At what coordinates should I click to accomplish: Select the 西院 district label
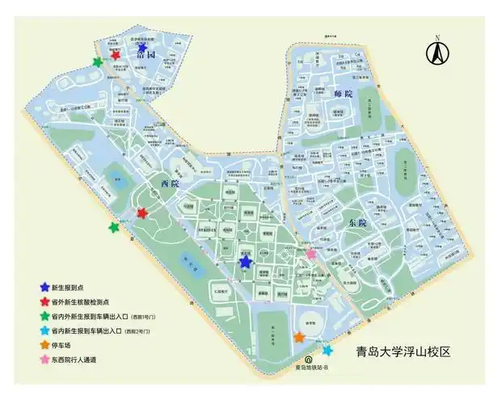point(169,184)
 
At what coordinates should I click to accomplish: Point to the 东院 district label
point(358,222)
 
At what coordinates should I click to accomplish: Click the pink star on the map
point(310,254)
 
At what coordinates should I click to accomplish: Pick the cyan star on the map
point(327,350)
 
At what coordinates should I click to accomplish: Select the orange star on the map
point(299,337)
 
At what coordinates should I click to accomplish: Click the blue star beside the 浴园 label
point(143,48)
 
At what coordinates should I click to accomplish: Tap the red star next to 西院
point(142,213)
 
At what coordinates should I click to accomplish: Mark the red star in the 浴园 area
point(116,55)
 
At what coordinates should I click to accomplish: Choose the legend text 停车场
point(61,345)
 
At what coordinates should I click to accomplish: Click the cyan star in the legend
point(43,330)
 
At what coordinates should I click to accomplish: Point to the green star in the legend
point(43,316)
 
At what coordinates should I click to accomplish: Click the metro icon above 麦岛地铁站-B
point(307,361)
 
